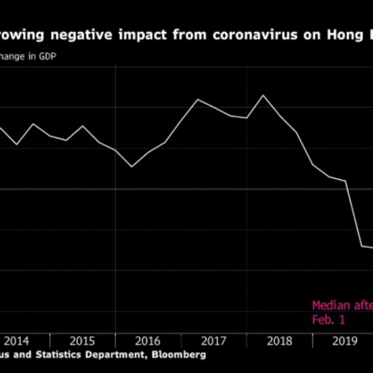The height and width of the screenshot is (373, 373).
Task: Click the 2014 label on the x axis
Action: [x=17, y=340]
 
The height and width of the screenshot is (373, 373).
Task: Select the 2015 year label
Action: [x=83, y=340]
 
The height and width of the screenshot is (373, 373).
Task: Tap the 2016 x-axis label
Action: [x=148, y=340]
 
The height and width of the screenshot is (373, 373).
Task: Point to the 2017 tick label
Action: [x=214, y=340]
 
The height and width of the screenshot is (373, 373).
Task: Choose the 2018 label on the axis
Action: [x=279, y=340]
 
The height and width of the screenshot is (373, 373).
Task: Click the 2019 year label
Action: [x=344, y=340]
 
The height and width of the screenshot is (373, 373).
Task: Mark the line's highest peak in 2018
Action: [x=263, y=95]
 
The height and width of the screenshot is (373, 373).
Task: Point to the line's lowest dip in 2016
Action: [x=132, y=167]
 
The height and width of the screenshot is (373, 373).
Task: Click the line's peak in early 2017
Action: [x=197, y=100]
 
